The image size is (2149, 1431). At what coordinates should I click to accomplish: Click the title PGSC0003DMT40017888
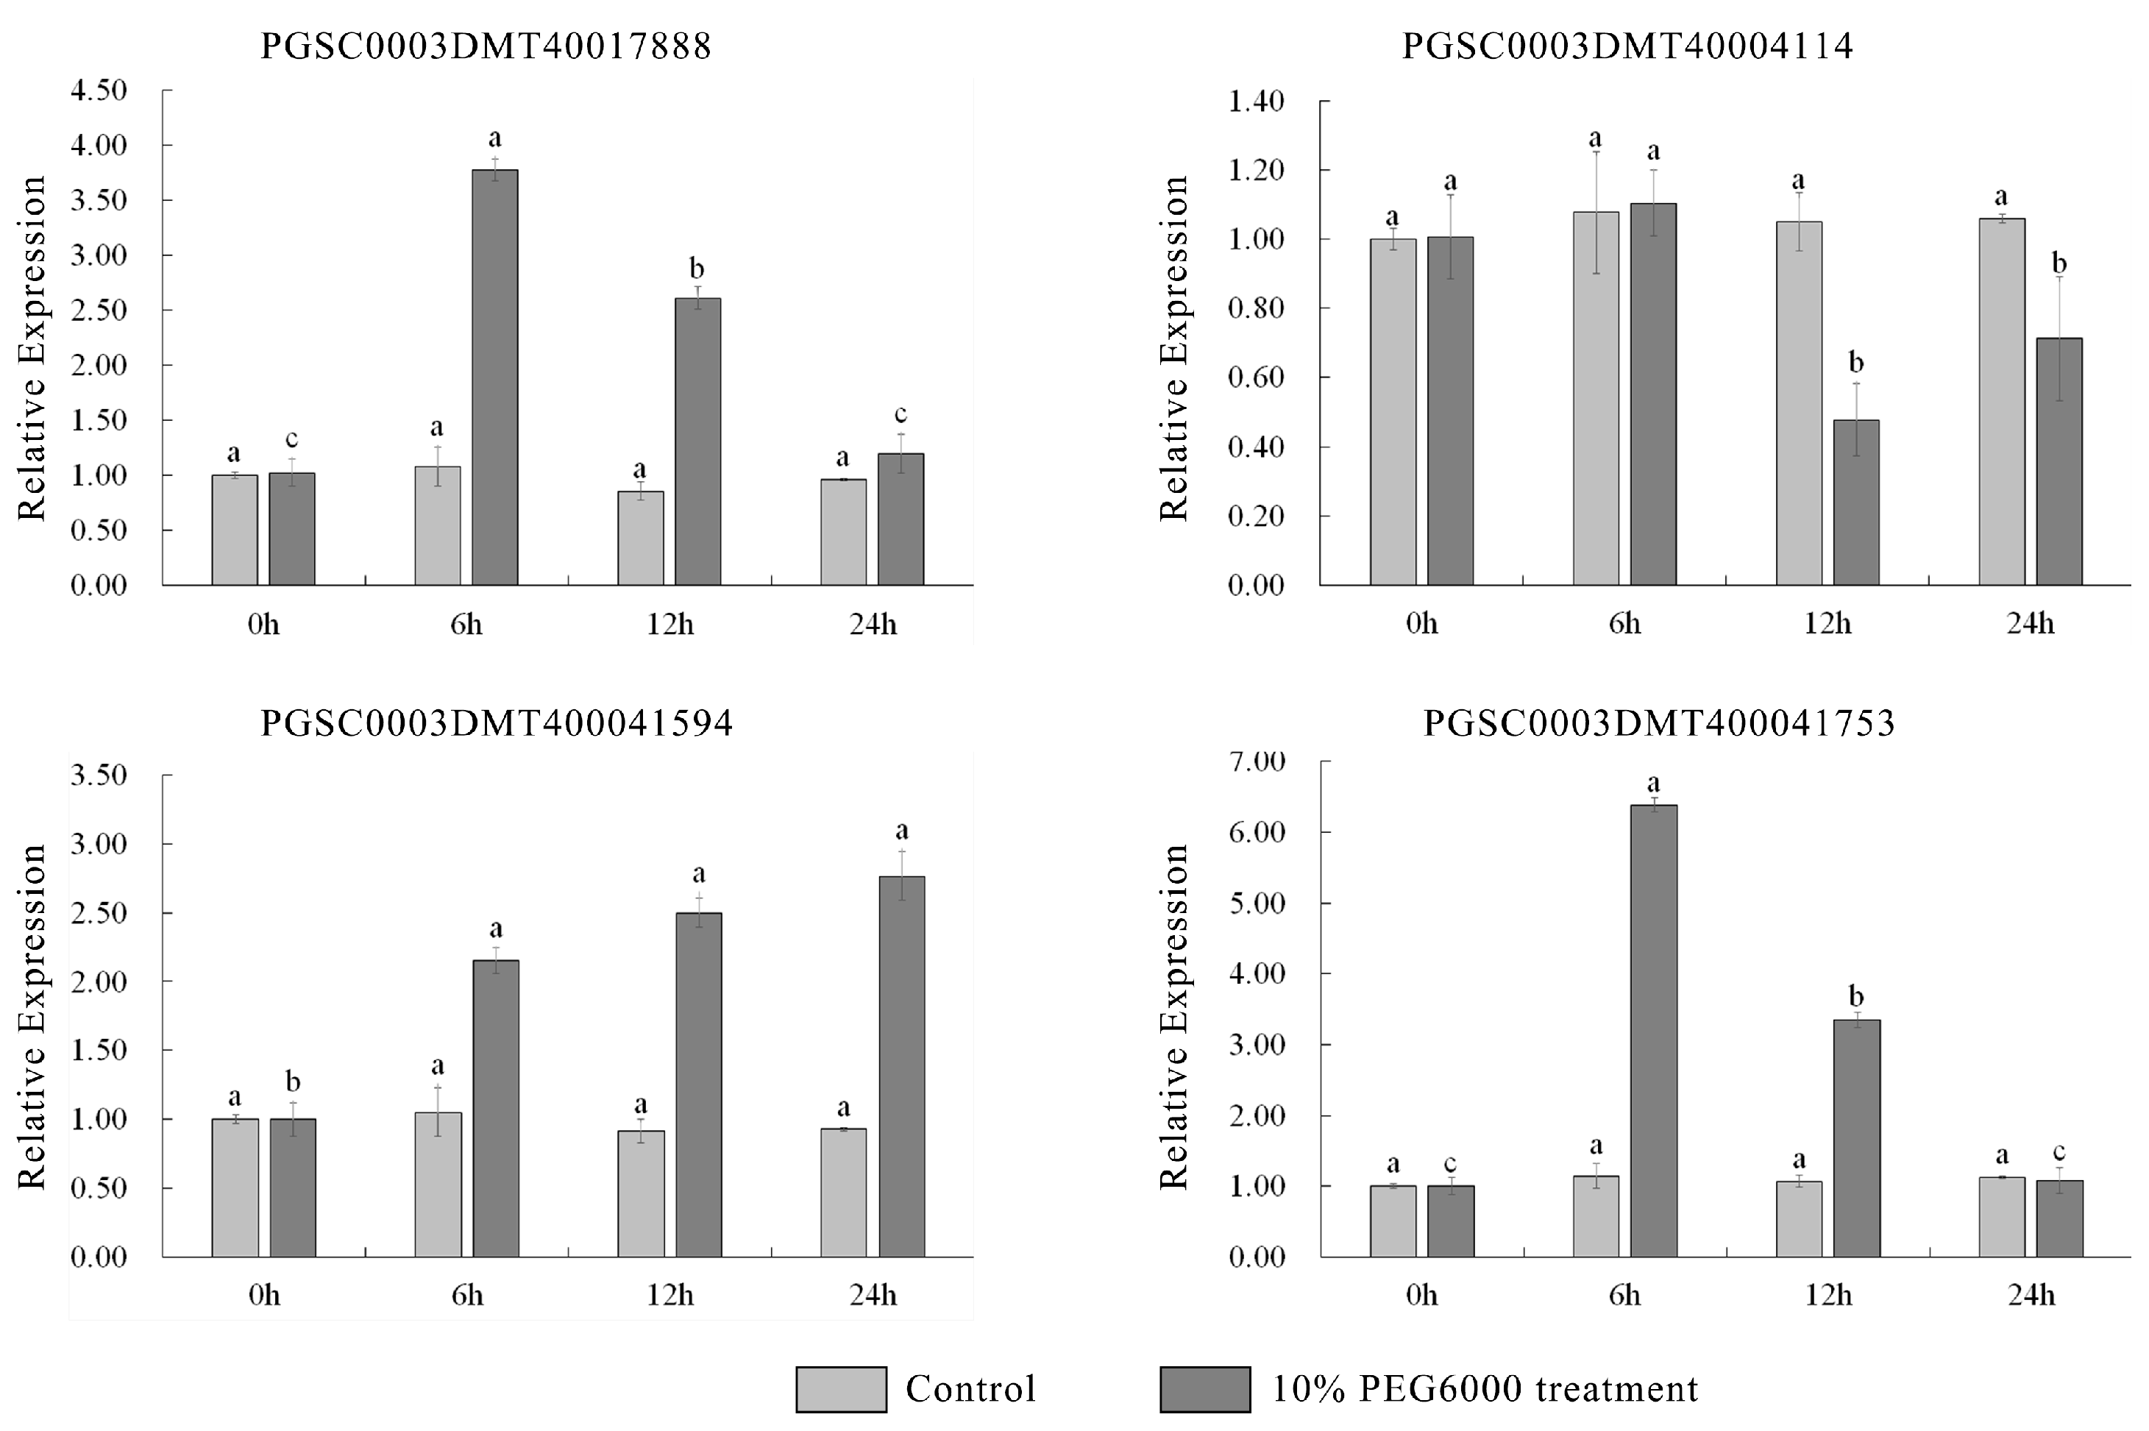pos(486,46)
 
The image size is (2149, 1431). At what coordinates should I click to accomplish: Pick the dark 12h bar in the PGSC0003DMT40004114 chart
pos(1855,502)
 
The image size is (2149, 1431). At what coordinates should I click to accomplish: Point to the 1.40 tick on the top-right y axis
pos(1256,102)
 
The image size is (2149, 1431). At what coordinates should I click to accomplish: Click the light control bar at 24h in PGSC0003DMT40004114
pos(2001,402)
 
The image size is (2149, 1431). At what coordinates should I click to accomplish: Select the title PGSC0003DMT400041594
pos(497,722)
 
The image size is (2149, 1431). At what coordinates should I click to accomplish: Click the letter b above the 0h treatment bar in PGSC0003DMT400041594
pos(292,1082)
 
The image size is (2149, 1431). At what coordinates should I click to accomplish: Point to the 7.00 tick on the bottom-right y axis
pos(1256,761)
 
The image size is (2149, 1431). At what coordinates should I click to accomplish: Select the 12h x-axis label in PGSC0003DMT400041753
pos(1827,1295)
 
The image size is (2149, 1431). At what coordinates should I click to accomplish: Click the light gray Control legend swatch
pos(840,1389)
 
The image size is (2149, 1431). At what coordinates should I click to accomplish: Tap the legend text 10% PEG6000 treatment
pos(1485,1389)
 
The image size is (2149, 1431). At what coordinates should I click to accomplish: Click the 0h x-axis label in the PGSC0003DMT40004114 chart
pos(1421,623)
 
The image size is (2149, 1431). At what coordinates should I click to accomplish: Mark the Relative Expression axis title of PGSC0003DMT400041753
pos(1174,1017)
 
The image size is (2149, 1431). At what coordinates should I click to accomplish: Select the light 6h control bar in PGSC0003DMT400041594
pos(438,1184)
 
